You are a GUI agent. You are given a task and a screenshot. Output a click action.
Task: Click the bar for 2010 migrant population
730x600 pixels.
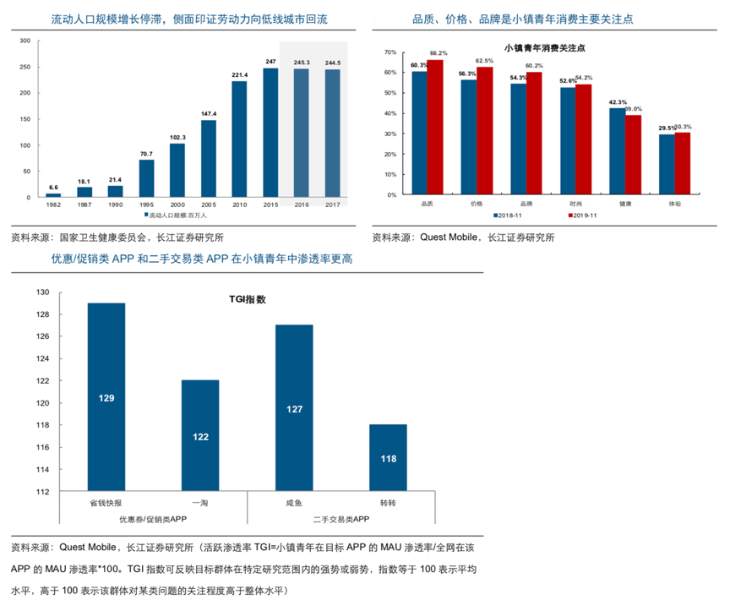coord(239,139)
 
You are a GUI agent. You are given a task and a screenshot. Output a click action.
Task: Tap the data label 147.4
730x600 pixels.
coord(209,113)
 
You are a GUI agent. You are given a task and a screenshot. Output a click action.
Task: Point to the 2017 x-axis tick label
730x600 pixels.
coord(332,205)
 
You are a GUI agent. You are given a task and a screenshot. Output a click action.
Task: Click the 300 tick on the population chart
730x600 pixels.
coord(24,41)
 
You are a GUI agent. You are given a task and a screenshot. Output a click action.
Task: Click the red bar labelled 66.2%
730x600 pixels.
coord(435,127)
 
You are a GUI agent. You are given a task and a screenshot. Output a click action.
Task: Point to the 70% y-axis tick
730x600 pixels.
coord(390,52)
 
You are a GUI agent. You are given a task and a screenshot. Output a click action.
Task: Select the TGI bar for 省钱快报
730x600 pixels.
coord(106,397)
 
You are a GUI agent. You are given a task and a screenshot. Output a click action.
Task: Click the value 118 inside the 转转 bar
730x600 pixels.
coord(388,459)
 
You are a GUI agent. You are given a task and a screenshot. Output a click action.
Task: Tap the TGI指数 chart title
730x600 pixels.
coord(248,299)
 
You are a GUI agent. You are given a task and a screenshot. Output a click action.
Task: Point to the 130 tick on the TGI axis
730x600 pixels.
coord(42,292)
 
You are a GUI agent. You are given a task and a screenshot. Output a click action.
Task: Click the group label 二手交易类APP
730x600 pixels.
coord(341,519)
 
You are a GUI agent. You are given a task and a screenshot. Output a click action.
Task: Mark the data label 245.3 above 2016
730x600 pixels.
coord(302,63)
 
